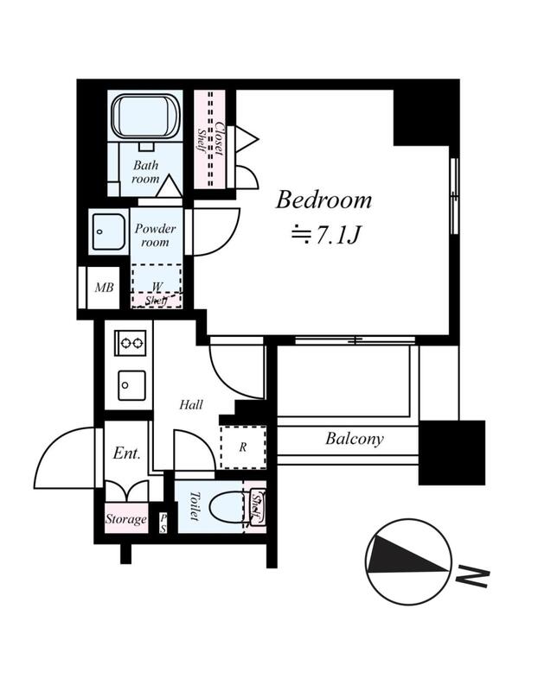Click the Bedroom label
(323, 200)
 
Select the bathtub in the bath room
(145, 116)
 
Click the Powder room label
(155, 235)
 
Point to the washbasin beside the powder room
(108, 231)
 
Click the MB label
(104, 288)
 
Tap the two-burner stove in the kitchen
(131, 343)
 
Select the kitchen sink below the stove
(131, 385)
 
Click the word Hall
(191, 404)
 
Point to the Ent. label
(126, 453)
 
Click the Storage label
(125, 519)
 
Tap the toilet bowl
(227, 508)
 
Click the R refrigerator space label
(243, 447)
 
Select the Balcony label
(355, 439)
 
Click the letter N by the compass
(472, 576)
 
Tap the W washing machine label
(157, 287)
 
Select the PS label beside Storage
(163, 524)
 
